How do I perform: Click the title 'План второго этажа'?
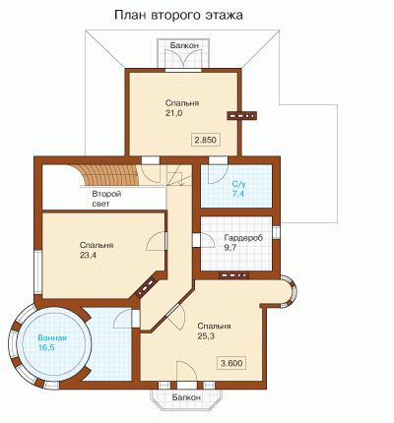click(178, 15)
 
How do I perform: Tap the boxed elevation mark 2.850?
click(206, 140)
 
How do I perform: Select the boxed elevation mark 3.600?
click(231, 363)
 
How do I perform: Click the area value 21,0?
click(173, 113)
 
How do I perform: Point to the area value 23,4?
click(88, 255)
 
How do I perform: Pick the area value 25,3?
click(206, 336)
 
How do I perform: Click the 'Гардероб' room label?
click(243, 238)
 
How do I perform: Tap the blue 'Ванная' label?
click(52, 338)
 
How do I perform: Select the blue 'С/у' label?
click(239, 184)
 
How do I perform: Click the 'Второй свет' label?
click(106, 199)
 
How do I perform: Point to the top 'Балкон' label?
click(184, 45)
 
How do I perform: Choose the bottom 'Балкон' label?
click(186, 397)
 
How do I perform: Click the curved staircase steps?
click(111, 175)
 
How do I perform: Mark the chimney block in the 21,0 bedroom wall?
click(242, 115)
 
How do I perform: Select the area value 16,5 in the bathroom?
click(46, 348)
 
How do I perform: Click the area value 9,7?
click(230, 248)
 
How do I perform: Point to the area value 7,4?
click(238, 194)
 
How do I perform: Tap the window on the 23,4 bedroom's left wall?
click(38, 272)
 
